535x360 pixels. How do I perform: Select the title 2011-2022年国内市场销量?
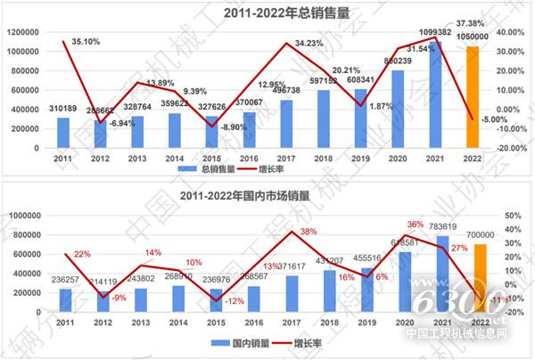pyautogui.click(x=267, y=195)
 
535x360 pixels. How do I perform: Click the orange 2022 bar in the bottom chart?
pyautogui.click(x=479, y=277)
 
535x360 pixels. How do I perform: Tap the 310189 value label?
pyautogui.click(x=62, y=110)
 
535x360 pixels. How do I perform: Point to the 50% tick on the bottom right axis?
pyautogui.click(x=511, y=215)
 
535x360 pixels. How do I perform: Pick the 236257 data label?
pyautogui.click(x=64, y=277)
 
